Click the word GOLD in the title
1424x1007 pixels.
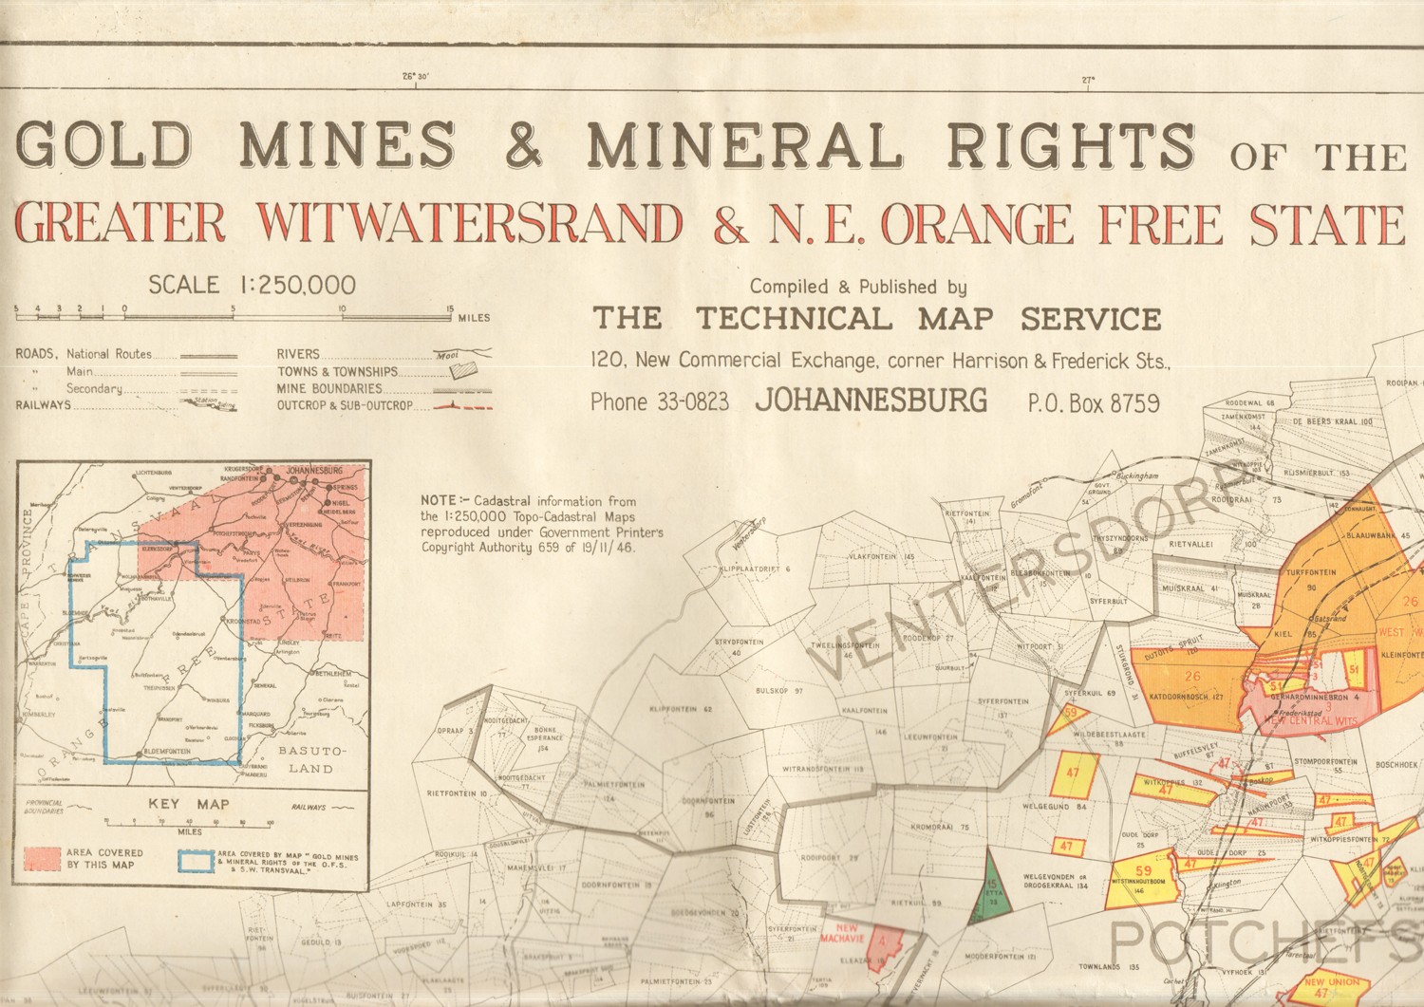click(x=104, y=145)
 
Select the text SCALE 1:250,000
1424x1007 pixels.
click(x=252, y=285)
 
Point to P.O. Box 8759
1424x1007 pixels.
click(x=1093, y=402)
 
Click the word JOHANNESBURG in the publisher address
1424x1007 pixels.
click(x=871, y=401)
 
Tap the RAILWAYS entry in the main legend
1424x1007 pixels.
click(x=44, y=405)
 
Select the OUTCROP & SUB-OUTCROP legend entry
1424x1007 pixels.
click(x=345, y=405)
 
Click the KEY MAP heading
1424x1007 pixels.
click(x=189, y=804)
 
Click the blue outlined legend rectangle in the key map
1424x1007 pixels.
click(x=195, y=859)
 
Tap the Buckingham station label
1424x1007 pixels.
click(x=1137, y=476)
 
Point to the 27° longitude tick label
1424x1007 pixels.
click(x=1087, y=81)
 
